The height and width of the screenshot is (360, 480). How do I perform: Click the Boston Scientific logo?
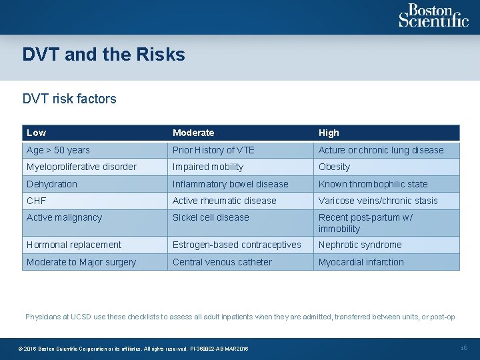[x=433, y=16]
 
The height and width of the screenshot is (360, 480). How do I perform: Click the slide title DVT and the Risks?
[x=103, y=55]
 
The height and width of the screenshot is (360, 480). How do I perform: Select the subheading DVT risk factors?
[x=69, y=99]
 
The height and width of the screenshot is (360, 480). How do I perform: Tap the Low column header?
[x=37, y=133]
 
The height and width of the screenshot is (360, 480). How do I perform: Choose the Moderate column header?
[x=193, y=133]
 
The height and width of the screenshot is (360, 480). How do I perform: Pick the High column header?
[x=329, y=133]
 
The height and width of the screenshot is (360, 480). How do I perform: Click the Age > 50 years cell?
[x=58, y=150]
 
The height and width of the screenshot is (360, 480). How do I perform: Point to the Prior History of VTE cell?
[x=213, y=150]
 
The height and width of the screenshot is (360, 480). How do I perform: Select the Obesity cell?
[x=334, y=167]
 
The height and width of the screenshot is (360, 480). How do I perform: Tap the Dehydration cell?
[x=52, y=184]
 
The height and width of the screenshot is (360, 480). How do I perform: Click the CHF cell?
[x=37, y=201]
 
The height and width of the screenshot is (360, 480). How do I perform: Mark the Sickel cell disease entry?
[x=211, y=217]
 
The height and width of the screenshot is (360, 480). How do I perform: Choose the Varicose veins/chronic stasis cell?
[x=378, y=201]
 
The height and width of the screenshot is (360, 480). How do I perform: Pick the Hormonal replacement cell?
[x=74, y=245]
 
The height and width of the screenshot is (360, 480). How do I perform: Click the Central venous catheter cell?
[x=222, y=262]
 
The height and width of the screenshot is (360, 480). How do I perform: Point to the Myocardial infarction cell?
[x=361, y=262]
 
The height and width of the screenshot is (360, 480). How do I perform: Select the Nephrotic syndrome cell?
[x=360, y=245]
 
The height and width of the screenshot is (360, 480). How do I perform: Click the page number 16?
[x=464, y=348]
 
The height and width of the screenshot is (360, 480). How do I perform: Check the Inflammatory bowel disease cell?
[x=230, y=184]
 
